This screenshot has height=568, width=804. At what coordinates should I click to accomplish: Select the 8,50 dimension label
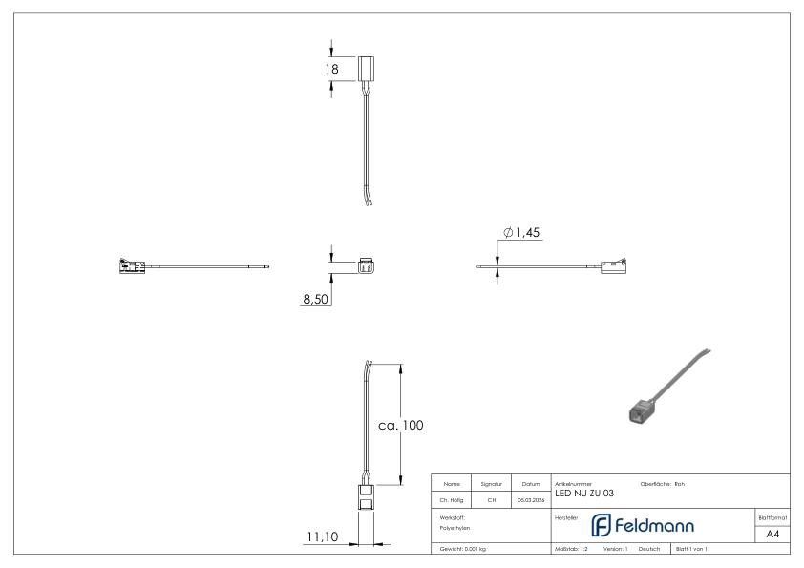[316, 299]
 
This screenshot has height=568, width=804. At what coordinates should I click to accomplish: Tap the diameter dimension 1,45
[523, 233]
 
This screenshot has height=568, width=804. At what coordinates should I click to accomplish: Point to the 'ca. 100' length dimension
[400, 425]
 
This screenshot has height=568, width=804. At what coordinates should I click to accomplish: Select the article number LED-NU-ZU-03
[583, 493]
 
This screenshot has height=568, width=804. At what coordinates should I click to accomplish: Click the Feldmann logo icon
[601, 525]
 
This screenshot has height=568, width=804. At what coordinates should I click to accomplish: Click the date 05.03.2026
[530, 496]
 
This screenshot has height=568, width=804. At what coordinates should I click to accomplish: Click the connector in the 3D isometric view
[640, 410]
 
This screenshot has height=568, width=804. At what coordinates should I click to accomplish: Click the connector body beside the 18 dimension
[369, 68]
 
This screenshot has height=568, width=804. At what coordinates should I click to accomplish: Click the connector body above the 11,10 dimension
[369, 497]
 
